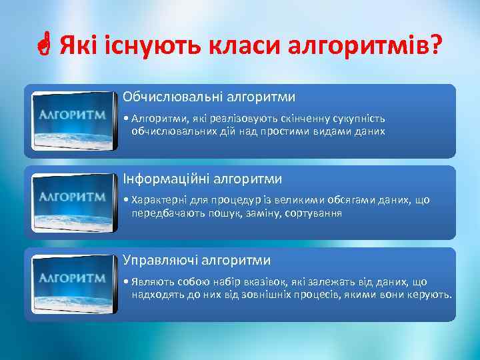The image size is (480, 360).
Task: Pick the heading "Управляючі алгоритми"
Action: [x=196, y=260]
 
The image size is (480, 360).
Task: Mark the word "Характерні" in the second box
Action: [x=159, y=200]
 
